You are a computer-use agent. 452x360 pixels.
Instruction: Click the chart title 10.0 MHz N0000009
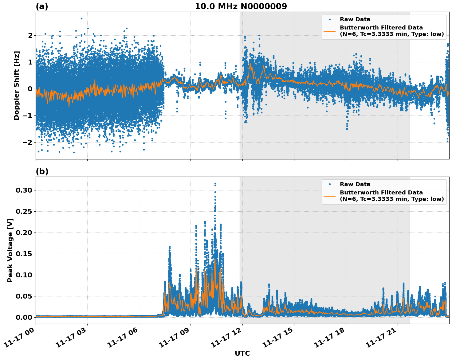pyautogui.click(x=241, y=6)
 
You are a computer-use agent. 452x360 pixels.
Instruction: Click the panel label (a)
pyautogui.click(x=42, y=6)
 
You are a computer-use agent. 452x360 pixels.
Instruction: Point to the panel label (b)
pyautogui.click(x=42, y=171)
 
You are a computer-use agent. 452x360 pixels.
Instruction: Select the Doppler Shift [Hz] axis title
pyautogui.click(x=17, y=85)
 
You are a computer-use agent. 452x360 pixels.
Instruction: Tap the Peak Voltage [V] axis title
pyautogui.click(x=10, y=250)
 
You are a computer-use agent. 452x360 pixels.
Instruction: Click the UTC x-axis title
pyautogui.click(x=242, y=353)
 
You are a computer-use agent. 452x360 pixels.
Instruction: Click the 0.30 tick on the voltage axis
pyautogui.click(x=24, y=190)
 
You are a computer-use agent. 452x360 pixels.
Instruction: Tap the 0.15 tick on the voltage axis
pyautogui.click(x=24, y=254)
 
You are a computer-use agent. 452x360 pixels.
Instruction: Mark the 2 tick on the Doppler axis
pyautogui.click(x=30, y=35)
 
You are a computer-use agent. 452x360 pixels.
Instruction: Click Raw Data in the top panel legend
pyautogui.click(x=355, y=19)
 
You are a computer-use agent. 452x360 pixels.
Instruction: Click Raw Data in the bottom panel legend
pyautogui.click(x=355, y=184)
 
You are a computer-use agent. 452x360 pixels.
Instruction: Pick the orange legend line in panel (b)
pyautogui.click(x=330, y=196)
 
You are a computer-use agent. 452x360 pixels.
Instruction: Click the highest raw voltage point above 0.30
pyautogui.click(x=215, y=183)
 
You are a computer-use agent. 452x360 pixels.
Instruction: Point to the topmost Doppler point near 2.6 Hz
pyautogui.click(x=81, y=18)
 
